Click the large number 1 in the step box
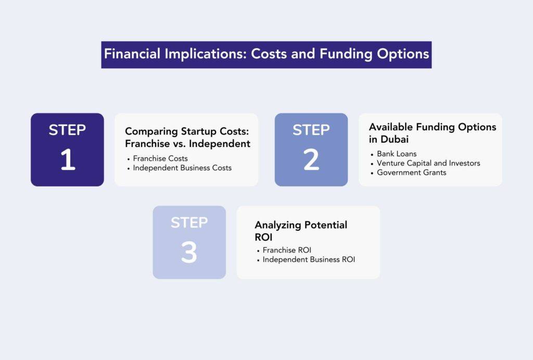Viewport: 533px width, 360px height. pos(68,159)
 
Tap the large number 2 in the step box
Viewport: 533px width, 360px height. pos(311,159)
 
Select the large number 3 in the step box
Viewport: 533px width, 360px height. pos(189,252)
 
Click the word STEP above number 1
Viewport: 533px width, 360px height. pos(67,130)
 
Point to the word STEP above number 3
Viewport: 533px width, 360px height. pos(189,223)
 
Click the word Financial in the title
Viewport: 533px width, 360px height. pos(132,54)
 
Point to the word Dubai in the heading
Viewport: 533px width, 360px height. pos(395,139)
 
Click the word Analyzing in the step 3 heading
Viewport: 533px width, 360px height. pos(278,226)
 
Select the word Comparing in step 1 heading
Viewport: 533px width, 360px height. pos(151,132)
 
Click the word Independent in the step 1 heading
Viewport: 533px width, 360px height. pos(219,144)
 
